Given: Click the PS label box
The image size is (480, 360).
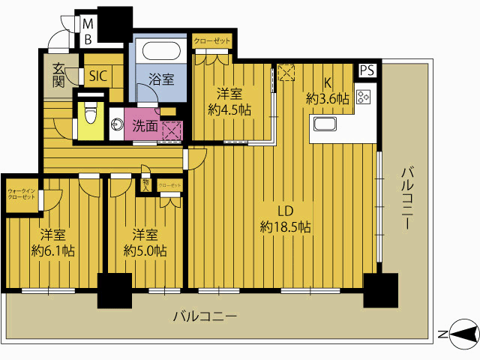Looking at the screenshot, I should click(x=367, y=70).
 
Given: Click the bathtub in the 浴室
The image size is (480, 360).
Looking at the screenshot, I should click(x=161, y=52).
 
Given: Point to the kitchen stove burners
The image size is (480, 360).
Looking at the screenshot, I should click(x=364, y=97).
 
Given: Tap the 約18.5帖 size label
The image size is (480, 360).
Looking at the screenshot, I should click(x=286, y=226).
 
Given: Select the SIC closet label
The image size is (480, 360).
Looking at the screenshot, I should click(x=98, y=76).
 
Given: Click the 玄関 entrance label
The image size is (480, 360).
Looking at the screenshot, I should click(x=58, y=75).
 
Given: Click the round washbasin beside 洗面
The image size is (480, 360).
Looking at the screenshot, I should click(x=117, y=124).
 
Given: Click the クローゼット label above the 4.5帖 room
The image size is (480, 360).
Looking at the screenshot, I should click(x=213, y=41).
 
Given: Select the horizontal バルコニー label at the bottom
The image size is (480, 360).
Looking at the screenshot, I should click(x=205, y=316).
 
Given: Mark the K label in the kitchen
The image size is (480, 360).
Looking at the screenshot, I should click(x=328, y=84).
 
